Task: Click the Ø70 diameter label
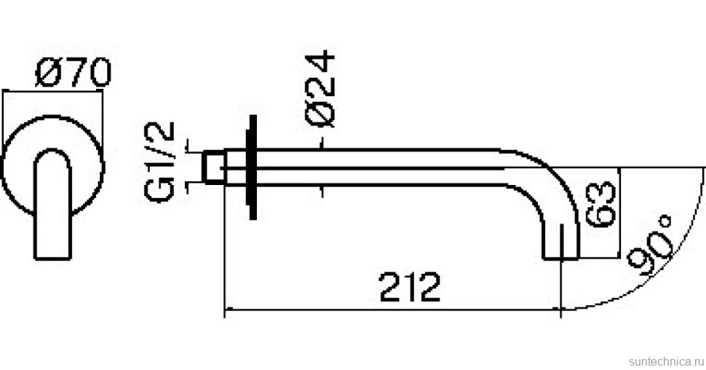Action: pyautogui.click(x=73, y=72)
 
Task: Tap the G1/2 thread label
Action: pyautogui.click(x=159, y=162)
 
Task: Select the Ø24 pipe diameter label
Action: pyautogui.click(x=320, y=90)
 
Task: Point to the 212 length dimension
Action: pyautogui.click(x=409, y=287)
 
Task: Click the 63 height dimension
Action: pyautogui.click(x=600, y=204)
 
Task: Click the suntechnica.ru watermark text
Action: pyautogui.click(x=666, y=361)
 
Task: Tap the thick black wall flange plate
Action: pyautogui.click(x=253, y=168)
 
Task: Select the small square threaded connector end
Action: pyautogui.click(x=214, y=168)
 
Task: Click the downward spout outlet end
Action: pyautogui.click(x=560, y=258)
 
